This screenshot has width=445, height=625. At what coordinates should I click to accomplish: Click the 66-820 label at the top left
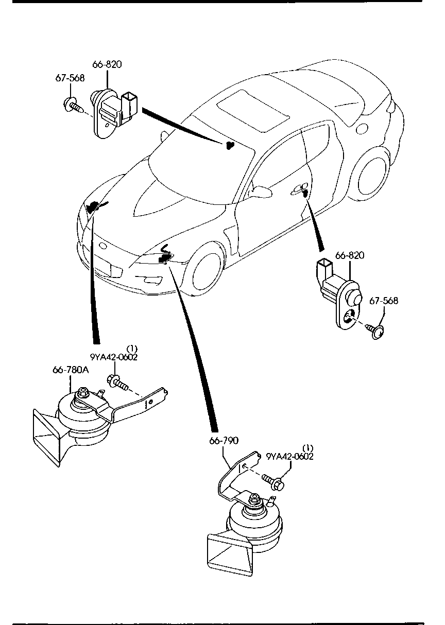click(107, 64)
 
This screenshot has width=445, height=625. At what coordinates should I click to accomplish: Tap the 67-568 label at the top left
click(70, 78)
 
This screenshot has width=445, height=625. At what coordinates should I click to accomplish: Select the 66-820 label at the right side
click(350, 255)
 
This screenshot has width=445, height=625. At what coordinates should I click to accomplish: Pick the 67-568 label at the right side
click(384, 301)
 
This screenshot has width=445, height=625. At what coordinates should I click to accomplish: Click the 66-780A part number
click(71, 370)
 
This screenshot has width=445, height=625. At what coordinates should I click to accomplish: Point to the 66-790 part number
click(224, 441)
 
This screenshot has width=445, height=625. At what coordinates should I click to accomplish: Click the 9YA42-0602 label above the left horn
click(114, 357)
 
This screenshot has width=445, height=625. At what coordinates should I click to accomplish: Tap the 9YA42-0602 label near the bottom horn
click(290, 457)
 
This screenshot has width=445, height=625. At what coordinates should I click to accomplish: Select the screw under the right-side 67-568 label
click(375, 331)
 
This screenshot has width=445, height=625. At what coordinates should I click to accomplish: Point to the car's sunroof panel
click(253, 111)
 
